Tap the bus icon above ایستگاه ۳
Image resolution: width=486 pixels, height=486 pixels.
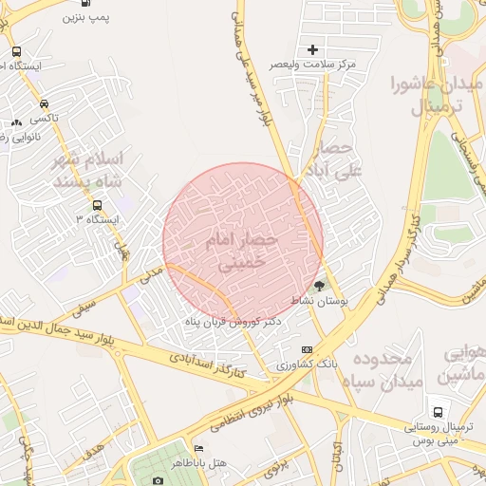coord(97,205)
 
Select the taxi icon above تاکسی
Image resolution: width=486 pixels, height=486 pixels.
coord(44,103)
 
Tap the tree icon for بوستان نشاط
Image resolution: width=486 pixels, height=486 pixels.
coord(318,285)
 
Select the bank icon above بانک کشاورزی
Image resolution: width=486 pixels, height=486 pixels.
coord(306,349)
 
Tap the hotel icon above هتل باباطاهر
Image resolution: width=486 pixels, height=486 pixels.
coord(198,448)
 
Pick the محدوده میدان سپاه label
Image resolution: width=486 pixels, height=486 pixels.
coord(383,372)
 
